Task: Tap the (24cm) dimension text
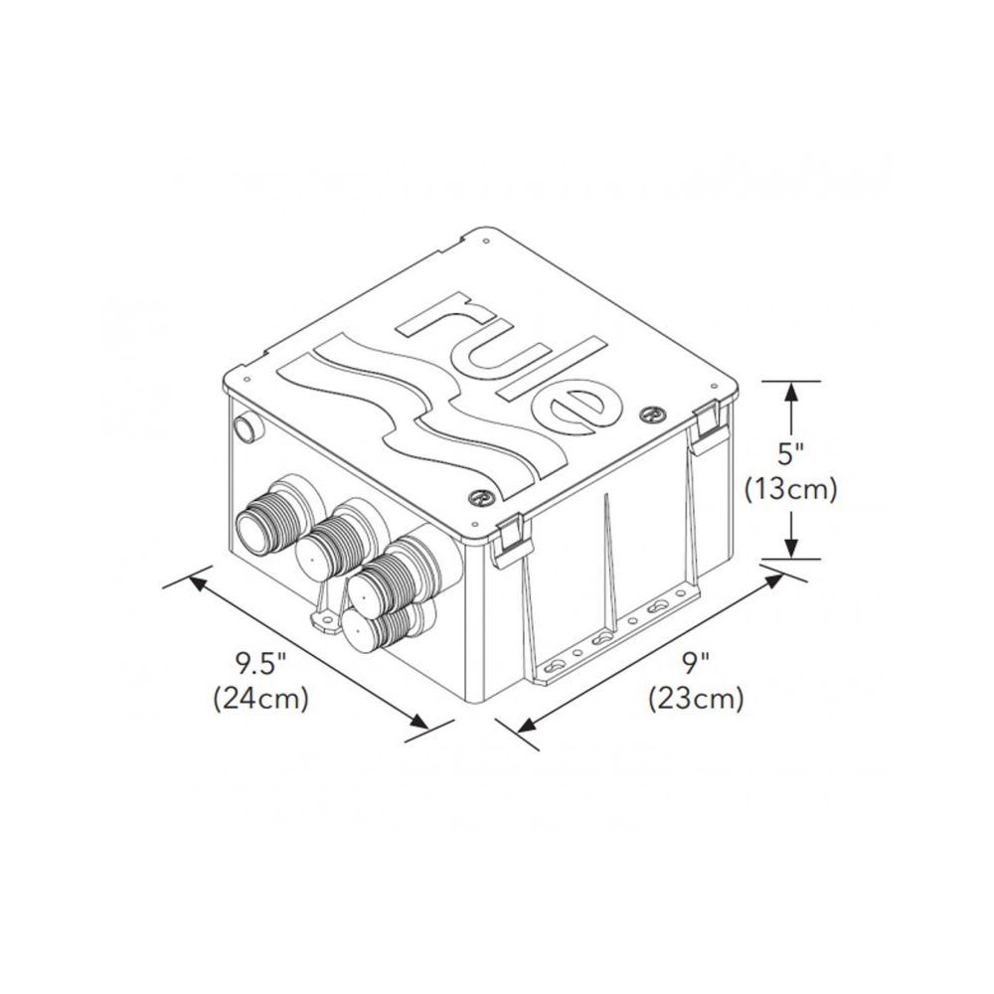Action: click(261, 699)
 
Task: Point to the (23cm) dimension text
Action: click(696, 699)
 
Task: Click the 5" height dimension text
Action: click(790, 454)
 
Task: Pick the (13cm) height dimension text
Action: click(791, 489)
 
